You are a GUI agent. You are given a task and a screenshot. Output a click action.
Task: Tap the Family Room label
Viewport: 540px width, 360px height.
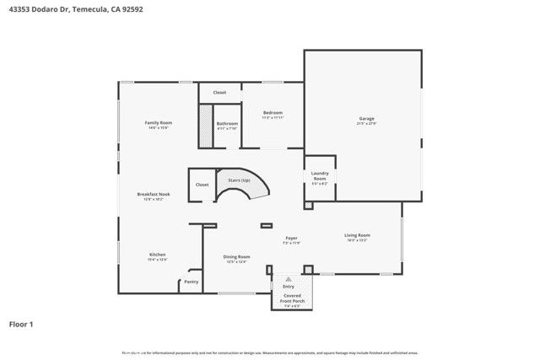coord(159,123)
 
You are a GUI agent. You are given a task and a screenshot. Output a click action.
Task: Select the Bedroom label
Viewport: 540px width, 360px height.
coord(273,113)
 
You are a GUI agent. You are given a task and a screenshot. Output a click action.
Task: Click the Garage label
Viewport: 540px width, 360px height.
coord(366,119)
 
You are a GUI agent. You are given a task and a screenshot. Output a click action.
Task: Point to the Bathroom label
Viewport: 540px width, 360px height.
coord(227,124)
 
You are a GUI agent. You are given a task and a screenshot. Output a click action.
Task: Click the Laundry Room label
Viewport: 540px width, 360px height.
coord(320,175)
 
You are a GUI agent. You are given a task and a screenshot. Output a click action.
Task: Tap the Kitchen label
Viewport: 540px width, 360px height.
coord(158,255)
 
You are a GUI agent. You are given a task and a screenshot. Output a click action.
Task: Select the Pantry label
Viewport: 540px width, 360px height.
coord(192,282)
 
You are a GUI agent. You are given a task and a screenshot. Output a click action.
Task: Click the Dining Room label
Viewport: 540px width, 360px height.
coord(236,257)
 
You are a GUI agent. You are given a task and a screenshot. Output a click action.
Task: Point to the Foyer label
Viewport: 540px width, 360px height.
coord(291,239)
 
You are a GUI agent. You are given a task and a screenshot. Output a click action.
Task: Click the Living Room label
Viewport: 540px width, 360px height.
coord(357,235)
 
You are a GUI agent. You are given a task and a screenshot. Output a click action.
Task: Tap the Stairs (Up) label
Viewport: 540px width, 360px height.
coord(240,180)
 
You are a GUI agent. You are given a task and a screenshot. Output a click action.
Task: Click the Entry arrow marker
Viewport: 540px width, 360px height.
coord(288,277)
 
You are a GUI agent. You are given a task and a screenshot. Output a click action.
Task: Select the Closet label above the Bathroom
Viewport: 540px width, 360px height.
coord(219,93)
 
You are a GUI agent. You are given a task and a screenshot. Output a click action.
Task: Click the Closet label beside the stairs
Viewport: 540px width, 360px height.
coord(202,185)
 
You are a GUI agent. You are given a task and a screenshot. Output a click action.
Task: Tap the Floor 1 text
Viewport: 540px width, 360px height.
coord(21,324)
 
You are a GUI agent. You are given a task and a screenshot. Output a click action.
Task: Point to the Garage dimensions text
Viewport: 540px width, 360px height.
coord(366,124)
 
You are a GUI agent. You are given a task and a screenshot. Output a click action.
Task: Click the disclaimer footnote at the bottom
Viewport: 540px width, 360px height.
coord(270,352)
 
